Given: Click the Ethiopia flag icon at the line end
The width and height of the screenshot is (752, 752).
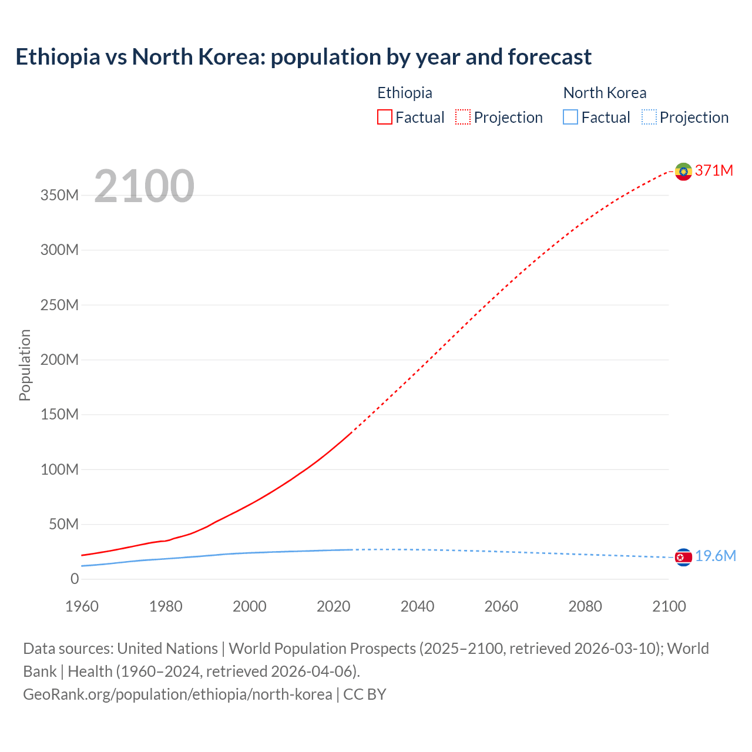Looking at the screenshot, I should click(683, 172).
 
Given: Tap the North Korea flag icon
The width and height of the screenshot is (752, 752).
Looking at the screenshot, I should click(683, 557).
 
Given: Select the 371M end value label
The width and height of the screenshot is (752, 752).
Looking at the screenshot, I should click(714, 170).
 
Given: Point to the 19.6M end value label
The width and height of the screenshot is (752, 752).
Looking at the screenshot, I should click(715, 556).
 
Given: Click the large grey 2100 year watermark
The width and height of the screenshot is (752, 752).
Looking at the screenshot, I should click(144, 186).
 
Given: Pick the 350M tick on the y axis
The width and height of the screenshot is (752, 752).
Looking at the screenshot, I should click(59, 195).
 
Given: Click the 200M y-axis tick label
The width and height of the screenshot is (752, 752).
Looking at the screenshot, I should click(59, 360).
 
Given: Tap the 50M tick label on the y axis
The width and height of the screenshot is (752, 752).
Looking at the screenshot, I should click(63, 524).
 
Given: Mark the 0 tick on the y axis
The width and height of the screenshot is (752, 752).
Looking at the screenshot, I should click(75, 579).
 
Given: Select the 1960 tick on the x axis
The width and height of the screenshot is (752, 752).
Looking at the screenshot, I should click(82, 606).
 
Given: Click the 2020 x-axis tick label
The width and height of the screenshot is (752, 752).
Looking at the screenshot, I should click(333, 606).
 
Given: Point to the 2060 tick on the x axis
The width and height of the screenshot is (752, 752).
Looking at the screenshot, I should click(501, 606).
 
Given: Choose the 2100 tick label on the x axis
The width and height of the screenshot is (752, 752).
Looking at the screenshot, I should click(669, 606).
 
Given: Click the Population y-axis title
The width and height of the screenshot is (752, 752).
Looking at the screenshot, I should click(25, 365).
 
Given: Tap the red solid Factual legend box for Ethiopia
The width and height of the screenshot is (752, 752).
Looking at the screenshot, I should click(384, 117).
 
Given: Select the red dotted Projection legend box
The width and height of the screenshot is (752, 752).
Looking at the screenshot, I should click(463, 117).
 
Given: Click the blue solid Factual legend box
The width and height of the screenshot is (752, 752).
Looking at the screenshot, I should click(570, 117).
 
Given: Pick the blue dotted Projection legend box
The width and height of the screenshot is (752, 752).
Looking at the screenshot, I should click(649, 117).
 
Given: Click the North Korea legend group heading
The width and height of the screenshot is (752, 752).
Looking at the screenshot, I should click(605, 93).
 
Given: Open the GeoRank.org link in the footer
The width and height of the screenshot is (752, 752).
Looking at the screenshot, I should click(177, 694).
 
